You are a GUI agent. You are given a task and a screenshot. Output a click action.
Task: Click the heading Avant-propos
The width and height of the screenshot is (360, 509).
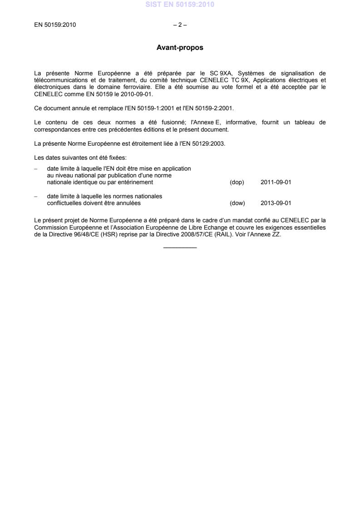pos(180,47)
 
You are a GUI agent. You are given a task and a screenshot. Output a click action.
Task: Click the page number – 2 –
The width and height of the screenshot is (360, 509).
pos(180,25)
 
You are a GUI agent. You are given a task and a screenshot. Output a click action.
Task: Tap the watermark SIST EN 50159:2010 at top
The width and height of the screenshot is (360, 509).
pos(180,5)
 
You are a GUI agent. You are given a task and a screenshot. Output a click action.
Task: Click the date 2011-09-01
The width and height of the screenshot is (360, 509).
pos(276,182)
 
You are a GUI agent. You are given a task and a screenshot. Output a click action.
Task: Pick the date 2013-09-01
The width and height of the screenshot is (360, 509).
pos(276,203)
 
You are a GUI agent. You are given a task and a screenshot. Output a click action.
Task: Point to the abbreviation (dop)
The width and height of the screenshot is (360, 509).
pos(237,182)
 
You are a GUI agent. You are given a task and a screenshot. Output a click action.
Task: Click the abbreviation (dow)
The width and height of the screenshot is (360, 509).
pos(237,203)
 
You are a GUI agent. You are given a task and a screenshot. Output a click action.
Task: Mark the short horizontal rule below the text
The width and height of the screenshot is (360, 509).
pos(180,247)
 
